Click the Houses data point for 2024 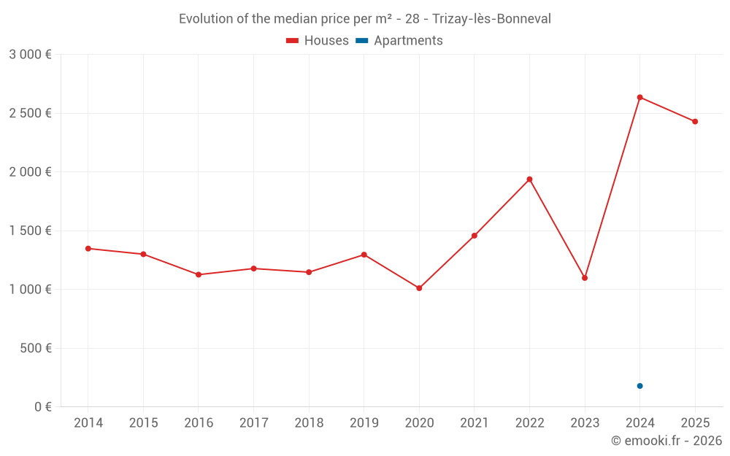point(639,97)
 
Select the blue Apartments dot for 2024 point(639,386)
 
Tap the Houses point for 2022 point(529,179)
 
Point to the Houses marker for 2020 point(419,288)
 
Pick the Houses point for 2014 point(88,249)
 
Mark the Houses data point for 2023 point(585,278)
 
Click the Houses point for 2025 point(695,122)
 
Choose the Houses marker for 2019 point(364,255)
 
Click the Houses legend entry point(318,41)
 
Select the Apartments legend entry point(399,41)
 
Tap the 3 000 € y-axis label point(31,55)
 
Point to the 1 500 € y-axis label point(31,231)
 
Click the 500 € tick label point(34,348)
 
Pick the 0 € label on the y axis point(42,407)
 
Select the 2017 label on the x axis point(253,423)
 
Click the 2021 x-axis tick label point(474,423)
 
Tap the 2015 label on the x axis point(143,423)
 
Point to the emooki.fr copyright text point(666,441)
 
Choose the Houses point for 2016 point(199,274)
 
